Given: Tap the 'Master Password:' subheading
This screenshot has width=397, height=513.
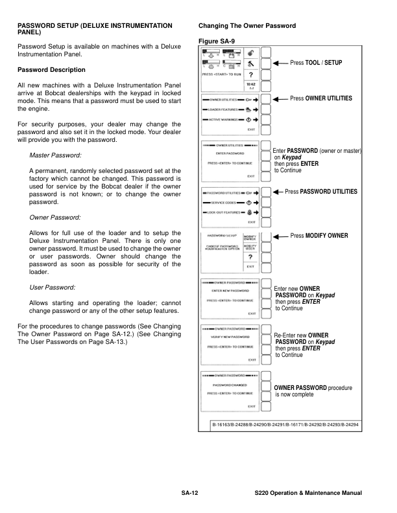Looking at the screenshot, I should (x=54, y=156).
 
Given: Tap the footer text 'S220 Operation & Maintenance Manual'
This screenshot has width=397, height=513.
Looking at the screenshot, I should (x=308, y=494).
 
